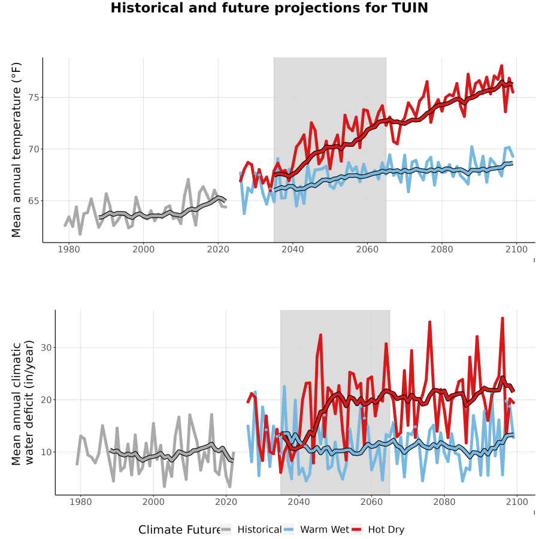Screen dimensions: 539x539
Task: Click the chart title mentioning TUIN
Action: pyautogui.click(x=269, y=8)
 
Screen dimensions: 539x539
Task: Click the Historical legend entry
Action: pyautogui.click(x=251, y=529)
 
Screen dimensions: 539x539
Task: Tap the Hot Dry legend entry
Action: pyautogui.click(x=377, y=529)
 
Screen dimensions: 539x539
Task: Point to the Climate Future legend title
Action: pyautogui.click(x=180, y=530)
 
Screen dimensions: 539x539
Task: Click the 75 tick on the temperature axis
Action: pyautogui.click(x=34, y=98)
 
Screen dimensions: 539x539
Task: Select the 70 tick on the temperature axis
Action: pyautogui.click(x=34, y=149)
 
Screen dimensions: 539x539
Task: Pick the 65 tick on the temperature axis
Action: pyautogui.click(x=34, y=201)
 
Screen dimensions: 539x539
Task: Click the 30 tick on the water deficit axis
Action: pyautogui.click(x=46, y=347)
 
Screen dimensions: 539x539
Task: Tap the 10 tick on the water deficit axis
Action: pyautogui.click(x=46, y=452)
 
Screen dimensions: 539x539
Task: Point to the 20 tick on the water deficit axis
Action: pyautogui.click(x=46, y=400)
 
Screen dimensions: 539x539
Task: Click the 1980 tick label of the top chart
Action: pyautogui.click(x=69, y=249)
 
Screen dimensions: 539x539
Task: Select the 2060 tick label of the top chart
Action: pyautogui.click(x=367, y=249)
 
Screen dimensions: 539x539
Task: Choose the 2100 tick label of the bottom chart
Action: pyautogui.click(x=517, y=502)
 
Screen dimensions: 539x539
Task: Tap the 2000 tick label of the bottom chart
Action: pyautogui.click(x=153, y=502)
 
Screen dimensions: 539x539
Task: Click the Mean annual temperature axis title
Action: pyautogui.click(x=16, y=150)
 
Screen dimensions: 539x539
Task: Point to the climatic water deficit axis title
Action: pyautogui.click(x=23, y=403)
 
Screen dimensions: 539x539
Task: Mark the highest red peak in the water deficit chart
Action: pyautogui.click(x=502, y=319)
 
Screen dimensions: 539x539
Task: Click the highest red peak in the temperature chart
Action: pyautogui.click(x=501, y=66)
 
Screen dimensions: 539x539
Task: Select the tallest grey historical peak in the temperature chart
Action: pyautogui.click(x=188, y=180)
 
